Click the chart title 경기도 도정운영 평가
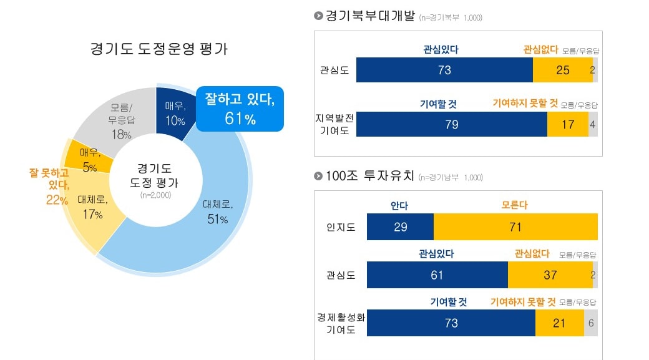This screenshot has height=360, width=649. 159,49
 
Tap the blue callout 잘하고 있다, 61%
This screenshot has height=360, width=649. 240,109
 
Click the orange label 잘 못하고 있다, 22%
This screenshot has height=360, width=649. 49,185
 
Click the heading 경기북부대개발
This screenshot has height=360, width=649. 369,16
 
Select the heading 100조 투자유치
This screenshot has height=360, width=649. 369,176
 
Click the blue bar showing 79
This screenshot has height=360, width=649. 451,124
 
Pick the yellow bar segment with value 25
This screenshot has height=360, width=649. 562,70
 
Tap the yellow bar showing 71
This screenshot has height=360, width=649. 515,227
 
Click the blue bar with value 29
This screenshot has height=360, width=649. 400,227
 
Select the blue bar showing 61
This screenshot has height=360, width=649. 437,275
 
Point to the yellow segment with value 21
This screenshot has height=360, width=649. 559,323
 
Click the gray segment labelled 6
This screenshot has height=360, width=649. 591,323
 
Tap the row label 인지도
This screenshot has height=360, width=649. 341,227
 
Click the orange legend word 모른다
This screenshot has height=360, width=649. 515,205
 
